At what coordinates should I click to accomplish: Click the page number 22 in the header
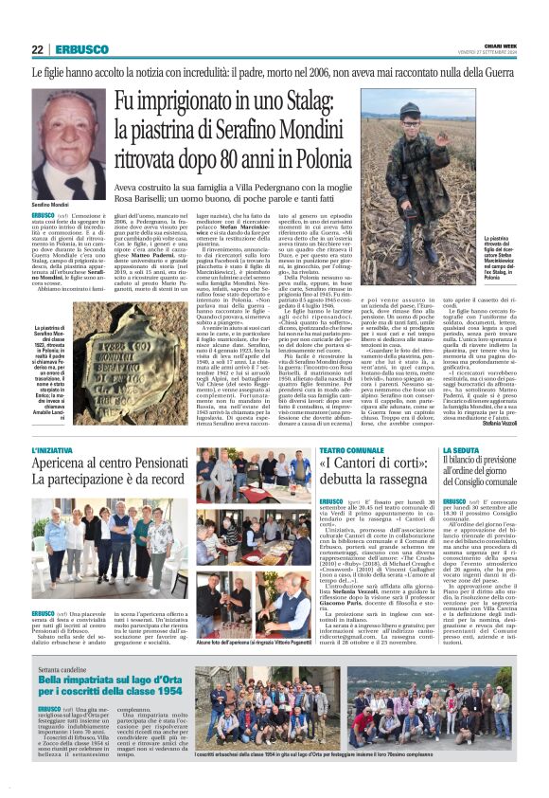[38, 49]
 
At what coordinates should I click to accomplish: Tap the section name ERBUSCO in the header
[76, 49]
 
